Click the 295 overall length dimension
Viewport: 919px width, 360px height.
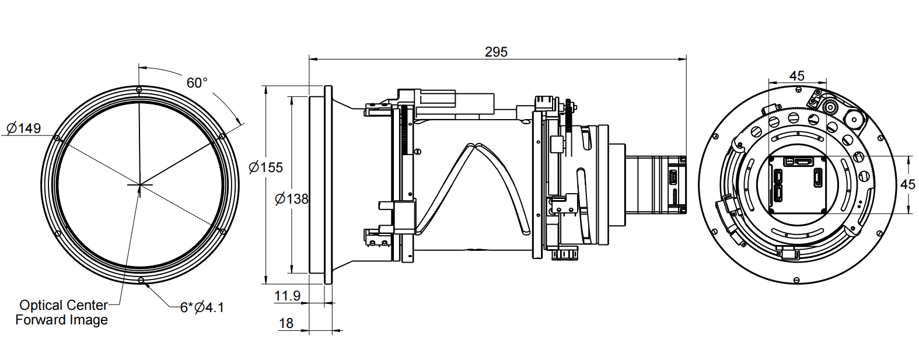tap(496, 52)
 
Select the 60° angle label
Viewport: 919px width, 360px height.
tap(197, 83)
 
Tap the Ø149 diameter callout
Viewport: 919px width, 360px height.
tap(24, 128)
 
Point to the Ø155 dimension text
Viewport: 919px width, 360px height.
tap(265, 167)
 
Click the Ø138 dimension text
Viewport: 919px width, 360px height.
tap(291, 199)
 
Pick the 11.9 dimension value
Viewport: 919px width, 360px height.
tap(287, 296)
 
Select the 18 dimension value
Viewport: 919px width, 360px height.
tap(286, 323)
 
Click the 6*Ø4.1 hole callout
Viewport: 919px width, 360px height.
tap(202, 307)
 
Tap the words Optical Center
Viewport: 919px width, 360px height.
tap(64, 305)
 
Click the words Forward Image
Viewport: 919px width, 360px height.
tap(61, 320)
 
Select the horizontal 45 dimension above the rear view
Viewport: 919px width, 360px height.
tap(796, 76)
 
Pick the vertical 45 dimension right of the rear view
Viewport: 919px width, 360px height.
tap(907, 184)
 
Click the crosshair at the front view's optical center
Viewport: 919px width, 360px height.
tap(139, 185)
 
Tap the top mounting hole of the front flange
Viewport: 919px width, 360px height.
tap(139, 89)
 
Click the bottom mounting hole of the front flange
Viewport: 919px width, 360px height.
tap(141, 281)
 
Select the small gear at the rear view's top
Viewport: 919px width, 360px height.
tap(829, 107)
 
